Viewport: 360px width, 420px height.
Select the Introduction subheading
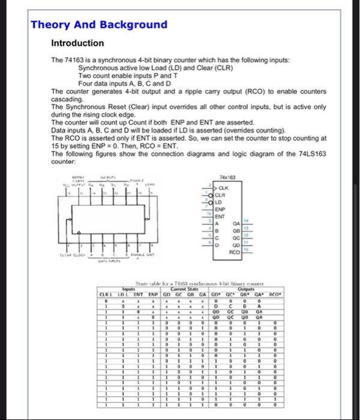tap(77, 43)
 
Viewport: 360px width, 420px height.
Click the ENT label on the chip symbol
tap(220, 215)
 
